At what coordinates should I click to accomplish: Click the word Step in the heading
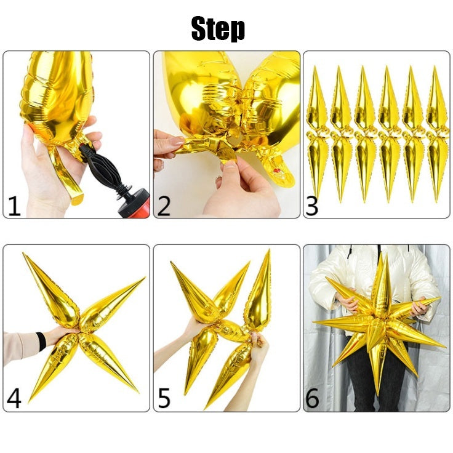[x=218, y=29]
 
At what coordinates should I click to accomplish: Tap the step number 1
[x=14, y=206]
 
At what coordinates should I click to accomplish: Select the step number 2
[x=164, y=206]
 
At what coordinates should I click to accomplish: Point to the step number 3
[x=313, y=206]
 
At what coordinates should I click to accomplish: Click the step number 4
[x=14, y=398]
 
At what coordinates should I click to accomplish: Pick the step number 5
[x=164, y=398]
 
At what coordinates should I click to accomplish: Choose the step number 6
[x=313, y=398]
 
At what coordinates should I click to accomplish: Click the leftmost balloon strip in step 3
[x=318, y=132]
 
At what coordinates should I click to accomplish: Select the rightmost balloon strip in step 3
[x=438, y=132]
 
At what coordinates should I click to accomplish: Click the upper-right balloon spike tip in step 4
[x=143, y=278]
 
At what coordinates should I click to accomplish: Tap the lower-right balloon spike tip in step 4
[x=137, y=391]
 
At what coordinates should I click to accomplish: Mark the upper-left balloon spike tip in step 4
[x=25, y=254]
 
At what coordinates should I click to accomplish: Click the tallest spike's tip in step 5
[x=269, y=251]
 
